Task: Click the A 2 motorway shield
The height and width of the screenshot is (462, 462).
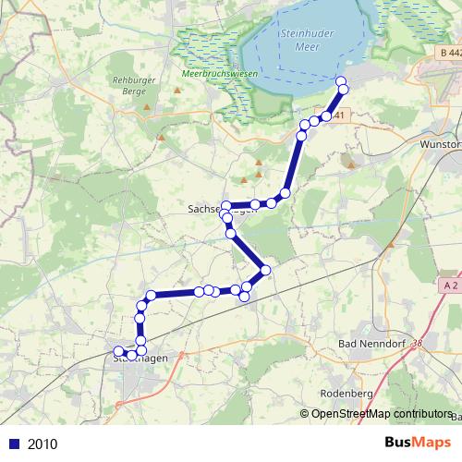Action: [450, 286]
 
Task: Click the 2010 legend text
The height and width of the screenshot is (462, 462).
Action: [43, 444]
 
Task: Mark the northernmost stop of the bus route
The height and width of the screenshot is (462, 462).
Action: [341, 81]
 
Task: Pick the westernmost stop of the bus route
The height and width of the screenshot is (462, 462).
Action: [118, 351]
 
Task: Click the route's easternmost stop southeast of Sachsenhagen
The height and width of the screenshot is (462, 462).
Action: [265, 270]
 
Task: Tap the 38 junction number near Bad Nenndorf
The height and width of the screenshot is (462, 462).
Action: [419, 343]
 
